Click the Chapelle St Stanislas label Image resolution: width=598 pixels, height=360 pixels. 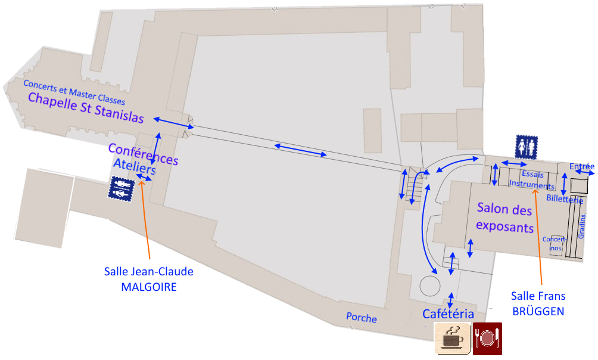point(86,108)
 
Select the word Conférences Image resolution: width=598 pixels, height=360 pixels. point(143,153)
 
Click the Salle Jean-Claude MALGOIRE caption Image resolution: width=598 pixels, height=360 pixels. point(149,279)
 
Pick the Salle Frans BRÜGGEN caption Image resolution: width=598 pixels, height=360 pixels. point(538,303)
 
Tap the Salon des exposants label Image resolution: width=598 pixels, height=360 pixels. point(505,218)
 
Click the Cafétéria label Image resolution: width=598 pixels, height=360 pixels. point(448,314)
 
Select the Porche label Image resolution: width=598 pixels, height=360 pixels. point(362,318)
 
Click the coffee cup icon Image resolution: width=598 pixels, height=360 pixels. point(452,338)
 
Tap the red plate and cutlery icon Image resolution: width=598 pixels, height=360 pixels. point(487,338)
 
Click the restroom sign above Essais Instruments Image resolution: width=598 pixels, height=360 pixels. point(527,146)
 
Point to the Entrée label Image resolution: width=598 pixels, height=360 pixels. point(582,166)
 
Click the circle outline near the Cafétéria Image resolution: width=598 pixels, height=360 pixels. point(429,285)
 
